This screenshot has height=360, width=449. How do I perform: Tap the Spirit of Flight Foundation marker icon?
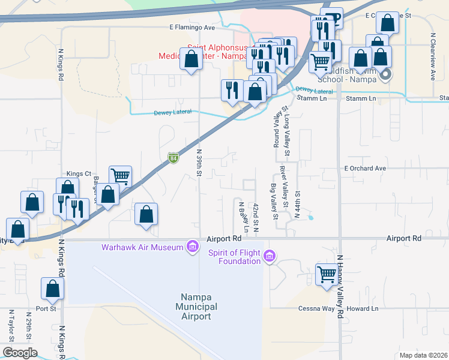pyautogui.click(x=270, y=257)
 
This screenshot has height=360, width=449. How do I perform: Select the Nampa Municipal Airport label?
pyautogui.click(x=197, y=307)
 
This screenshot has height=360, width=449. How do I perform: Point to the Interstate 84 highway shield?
pyautogui.click(x=173, y=158)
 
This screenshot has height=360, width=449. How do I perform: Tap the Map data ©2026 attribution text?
pyautogui.click(x=423, y=355)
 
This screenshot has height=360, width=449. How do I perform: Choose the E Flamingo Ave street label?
pyautogui.click(x=191, y=28)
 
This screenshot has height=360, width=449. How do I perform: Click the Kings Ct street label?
pyautogui.click(x=78, y=173)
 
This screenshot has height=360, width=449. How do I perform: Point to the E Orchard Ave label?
pyautogui.click(x=364, y=169)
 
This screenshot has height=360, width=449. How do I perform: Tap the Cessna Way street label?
pyautogui.click(x=316, y=309)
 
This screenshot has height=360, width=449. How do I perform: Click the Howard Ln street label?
pyautogui.click(x=367, y=309)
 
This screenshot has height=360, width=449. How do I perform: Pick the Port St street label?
pyautogui.click(x=46, y=309)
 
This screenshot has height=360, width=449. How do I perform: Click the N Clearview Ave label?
pyautogui.click(x=432, y=56)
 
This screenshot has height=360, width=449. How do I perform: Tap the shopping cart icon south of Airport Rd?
pyautogui.click(x=327, y=275)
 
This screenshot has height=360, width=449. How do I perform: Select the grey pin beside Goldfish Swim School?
pyautogui.click(x=385, y=75)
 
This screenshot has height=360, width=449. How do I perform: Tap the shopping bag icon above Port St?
pyautogui.click(x=53, y=289)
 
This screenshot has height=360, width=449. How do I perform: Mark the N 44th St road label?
pyautogui.click(x=297, y=204)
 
